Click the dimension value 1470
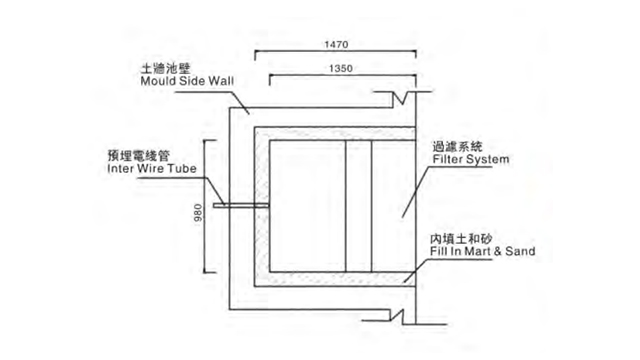click(337, 44)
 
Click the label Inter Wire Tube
click(149, 170)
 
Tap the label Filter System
click(471, 159)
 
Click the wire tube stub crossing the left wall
click(240, 207)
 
